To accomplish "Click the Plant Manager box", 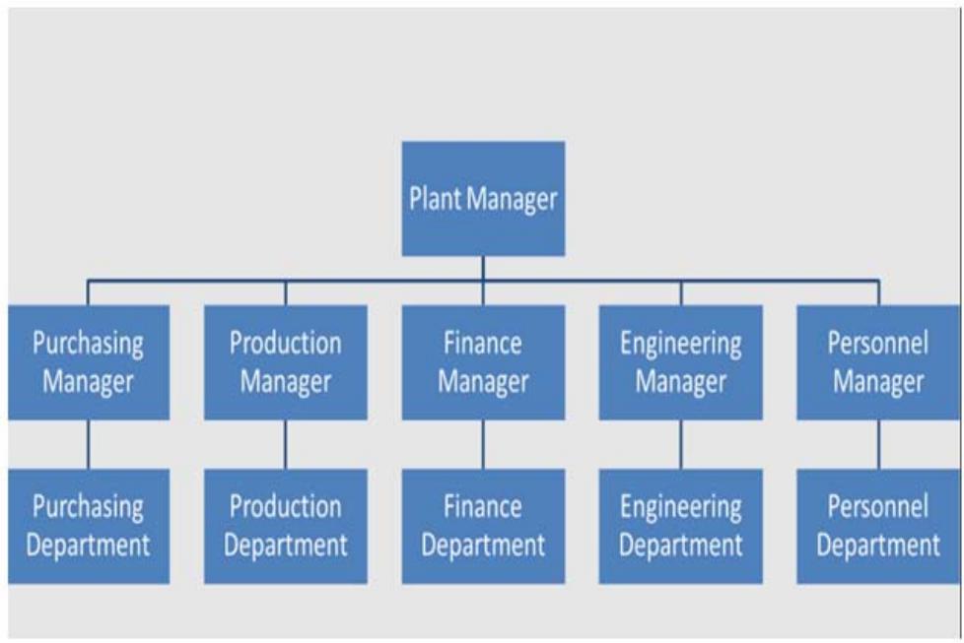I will (x=483, y=198).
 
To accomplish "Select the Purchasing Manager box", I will (x=89, y=361).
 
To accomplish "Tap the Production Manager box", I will (x=286, y=361).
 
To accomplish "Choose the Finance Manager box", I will (x=483, y=361).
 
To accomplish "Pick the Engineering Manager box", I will (x=680, y=361).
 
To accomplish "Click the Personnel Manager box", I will (x=877, y=361).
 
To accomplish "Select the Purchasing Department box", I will (x=89, y=526).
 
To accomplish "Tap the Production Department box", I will (x=286, y=526).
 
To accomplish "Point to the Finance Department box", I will (x=483, y=526).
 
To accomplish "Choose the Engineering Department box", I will (x=680, y=526).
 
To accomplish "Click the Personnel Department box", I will (x=877, y=526).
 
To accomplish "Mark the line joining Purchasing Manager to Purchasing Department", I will (x=89, y=444).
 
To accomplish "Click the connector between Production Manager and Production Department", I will (x=286, y=444).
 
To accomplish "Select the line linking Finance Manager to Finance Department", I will (x=483, y=444).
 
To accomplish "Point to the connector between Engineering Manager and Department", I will (x=680, y=444).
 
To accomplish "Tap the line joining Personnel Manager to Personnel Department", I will (x=877, y=444).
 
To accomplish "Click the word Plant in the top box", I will (x=436, y=199).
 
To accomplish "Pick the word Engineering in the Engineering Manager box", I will (x=680, y=344).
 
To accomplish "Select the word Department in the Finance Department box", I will (x=483, y=545).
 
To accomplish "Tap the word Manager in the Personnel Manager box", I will (x=877, y=381).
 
